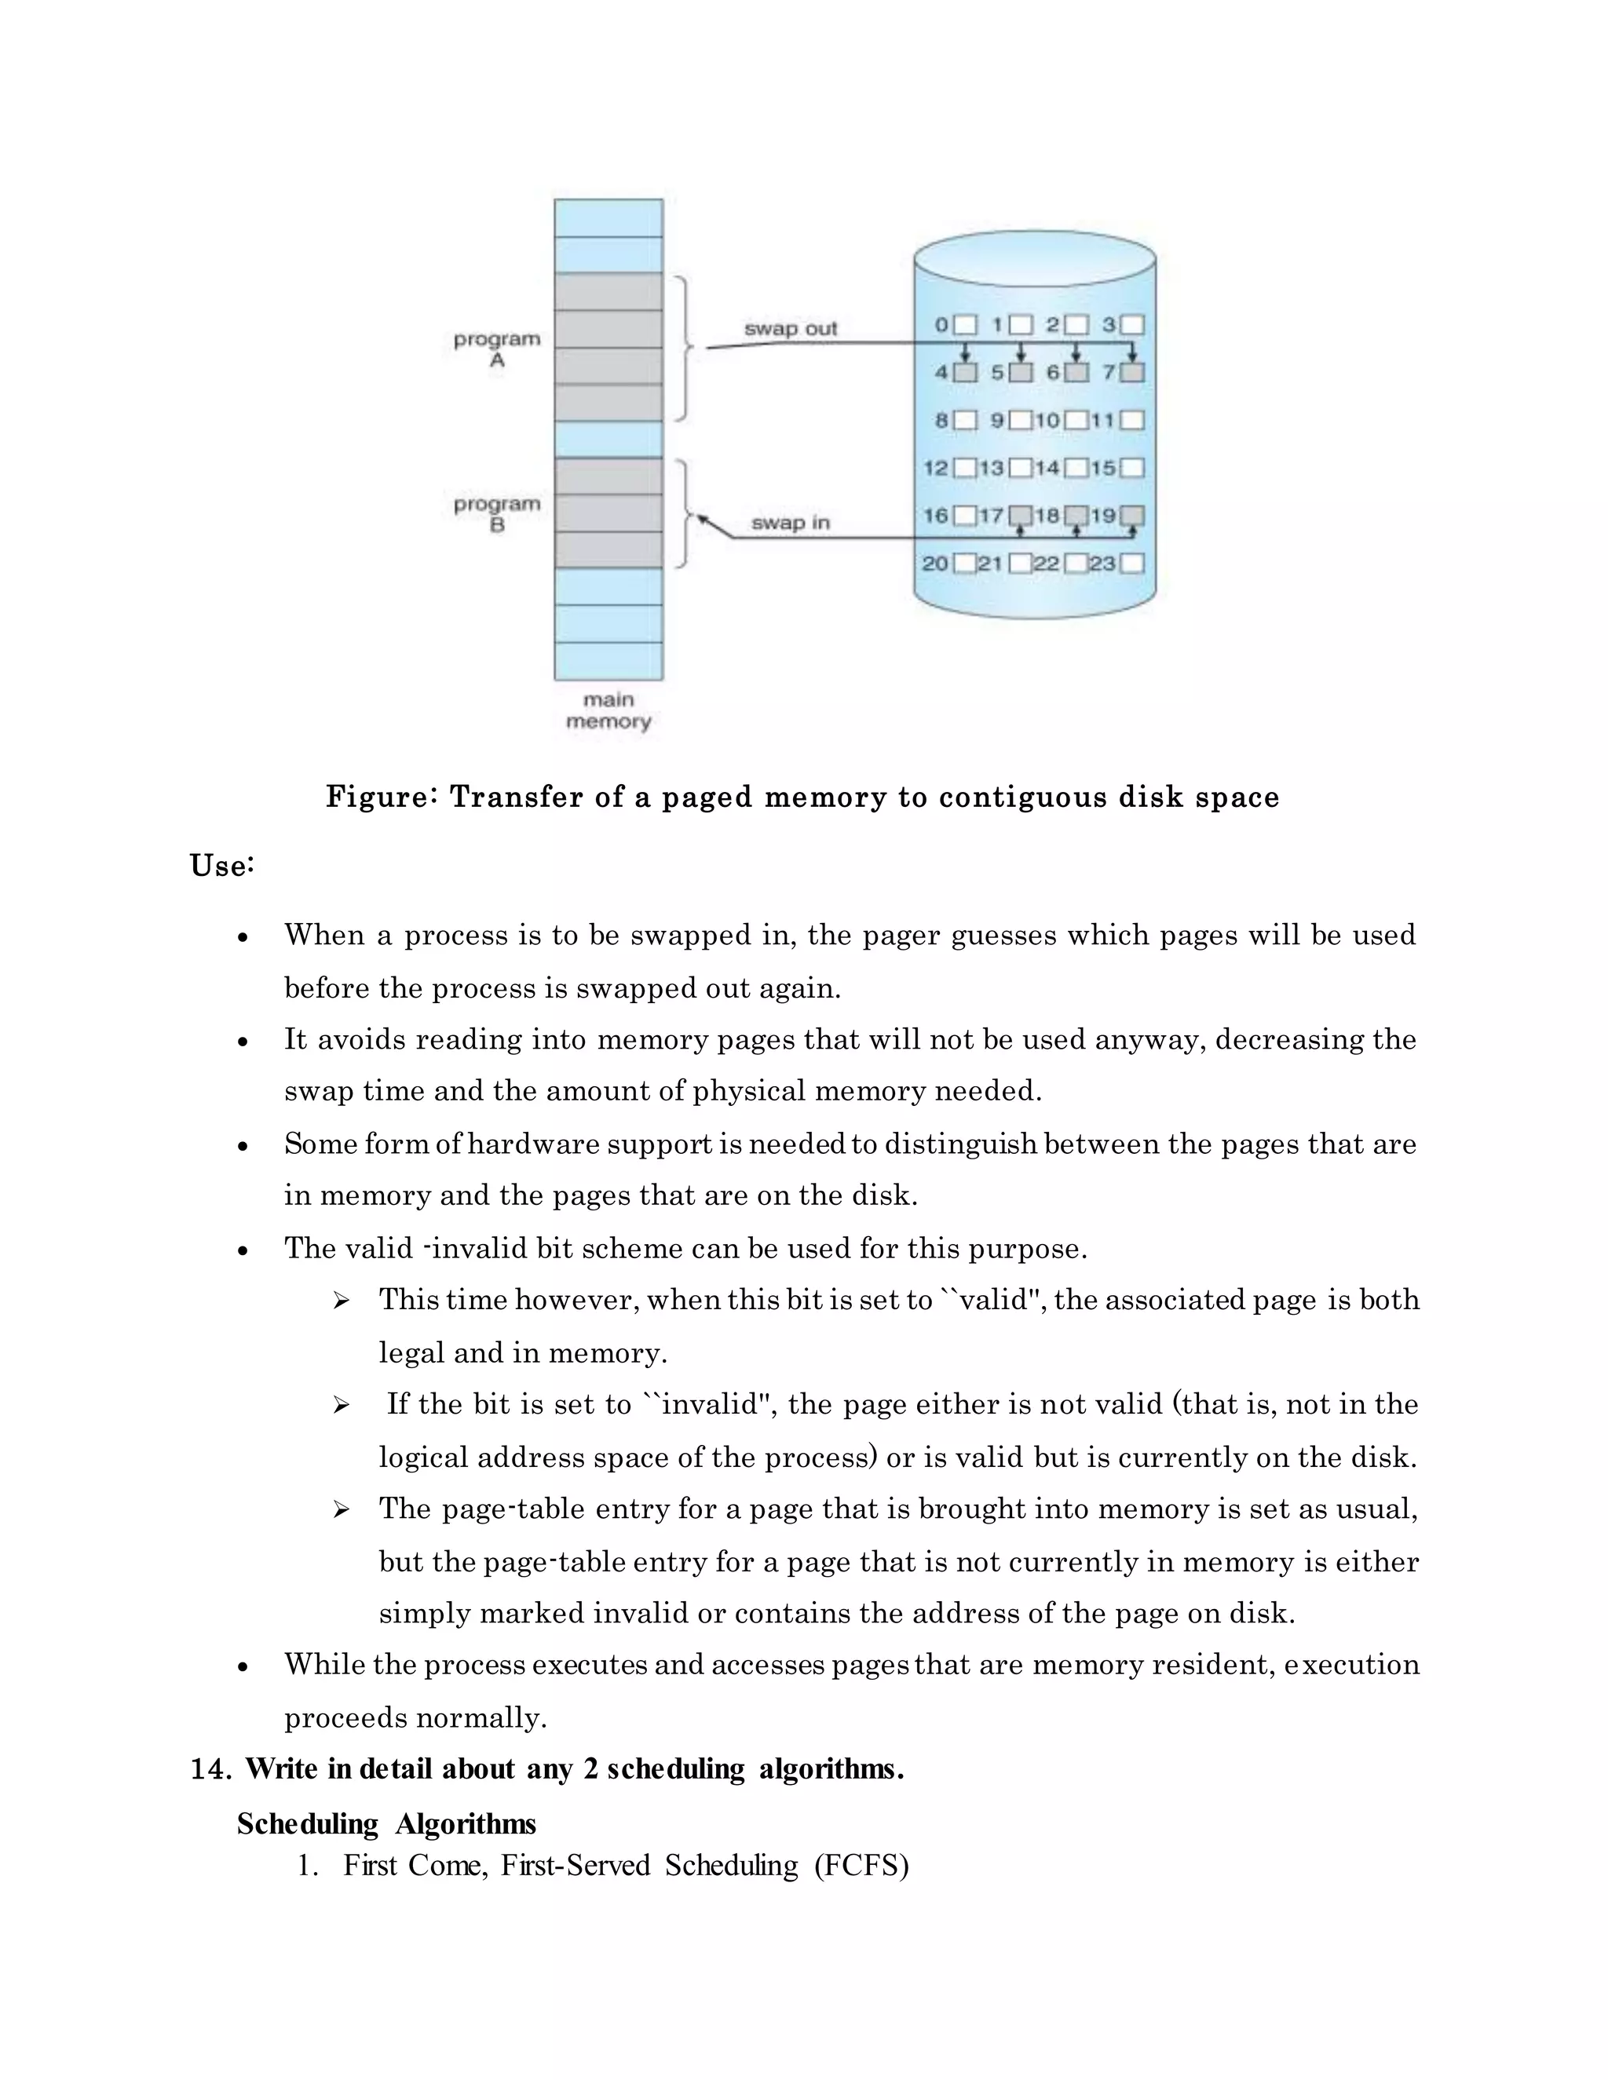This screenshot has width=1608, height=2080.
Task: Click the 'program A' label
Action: click(496, 349)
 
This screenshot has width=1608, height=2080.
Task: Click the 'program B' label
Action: click(496, 514)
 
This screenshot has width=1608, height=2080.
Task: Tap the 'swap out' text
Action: click(790, 329)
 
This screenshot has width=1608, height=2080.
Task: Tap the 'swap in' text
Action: click(790, 523)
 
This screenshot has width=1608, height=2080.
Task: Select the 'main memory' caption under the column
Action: click(608, 710)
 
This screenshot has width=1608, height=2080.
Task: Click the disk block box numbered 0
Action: click(965, 325)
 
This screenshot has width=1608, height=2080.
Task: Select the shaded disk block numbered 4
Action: click(965, 372)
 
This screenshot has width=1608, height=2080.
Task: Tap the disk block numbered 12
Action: click(965, 468)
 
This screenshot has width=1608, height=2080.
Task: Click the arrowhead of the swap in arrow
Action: click(703, 519)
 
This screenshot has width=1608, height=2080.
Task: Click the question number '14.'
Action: click(211, 1768)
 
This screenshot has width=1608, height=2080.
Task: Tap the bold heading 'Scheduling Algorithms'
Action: click(386, 1824)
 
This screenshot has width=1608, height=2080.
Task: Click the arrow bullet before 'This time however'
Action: click(341, 1301)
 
